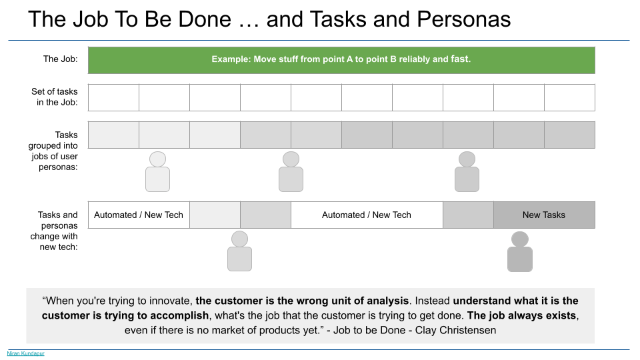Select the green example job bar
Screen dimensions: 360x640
[x=341, y=59]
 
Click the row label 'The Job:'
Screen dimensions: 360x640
[x=61, y=59]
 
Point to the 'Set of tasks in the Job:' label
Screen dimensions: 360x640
[x=54, y=97]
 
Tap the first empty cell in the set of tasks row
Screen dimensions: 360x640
[x=113, y=97]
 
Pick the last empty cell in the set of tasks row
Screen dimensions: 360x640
[x=569, y=97]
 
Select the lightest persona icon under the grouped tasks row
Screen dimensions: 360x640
[x=157, y=172]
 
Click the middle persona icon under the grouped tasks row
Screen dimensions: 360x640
[x=291, y=172]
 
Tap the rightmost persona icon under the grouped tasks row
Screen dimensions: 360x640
[x=467, y=172]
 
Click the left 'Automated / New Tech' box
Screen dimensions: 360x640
[x=139, y=215]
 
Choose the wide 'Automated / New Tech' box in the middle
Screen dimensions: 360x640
[x=367, y=215]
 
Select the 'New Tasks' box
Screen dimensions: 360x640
[x=544, y=215]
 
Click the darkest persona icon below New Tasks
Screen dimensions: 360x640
[x=520, y=252]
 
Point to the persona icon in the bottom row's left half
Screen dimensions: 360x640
[x=239, y=251]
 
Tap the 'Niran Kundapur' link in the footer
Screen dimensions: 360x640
[x=25, y=353]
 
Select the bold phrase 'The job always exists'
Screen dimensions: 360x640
[x=522, y=315]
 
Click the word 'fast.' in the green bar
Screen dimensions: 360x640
[x=461, y=59]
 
